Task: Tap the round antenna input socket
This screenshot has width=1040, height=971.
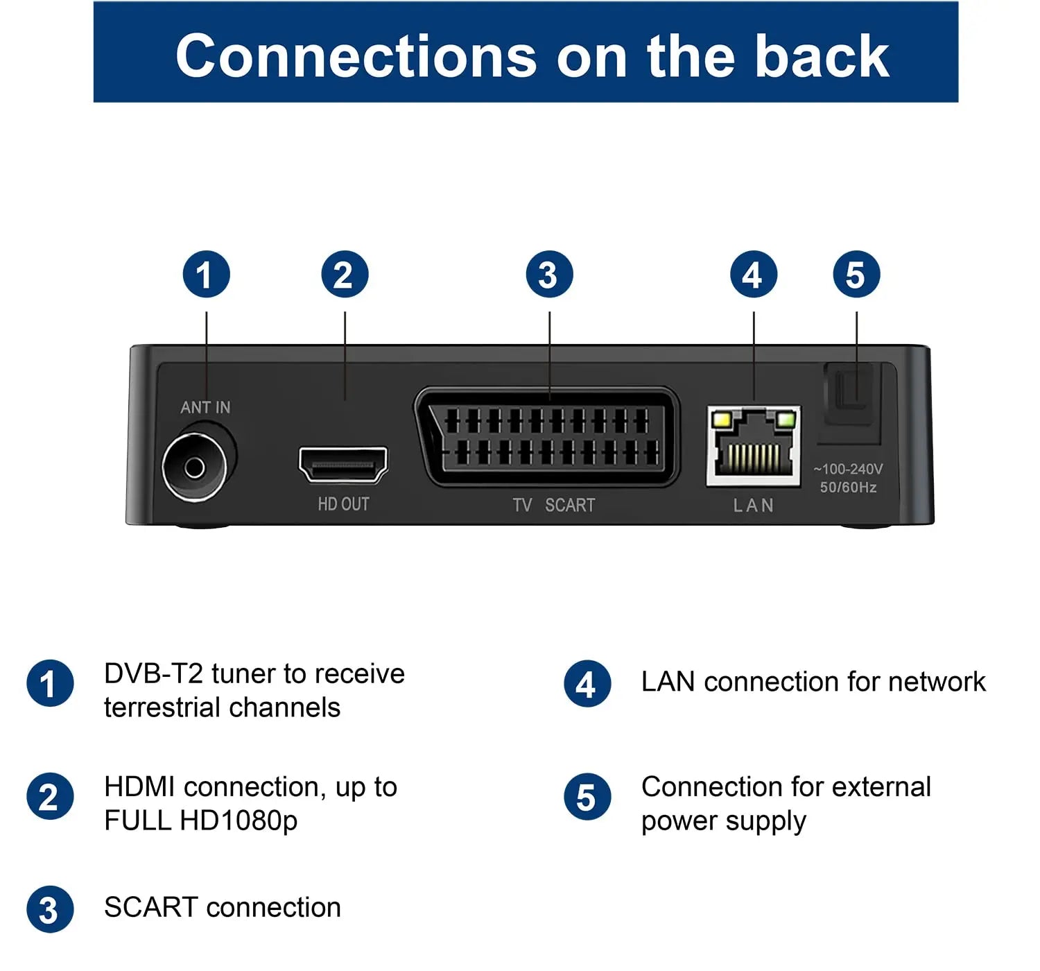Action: pyautogui.click(x=195, y=467)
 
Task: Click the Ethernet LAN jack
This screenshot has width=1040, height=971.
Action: pyautogui.click(x=753, y=446)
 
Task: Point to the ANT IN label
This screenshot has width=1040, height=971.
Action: pyautogui.click(x=205, y=408)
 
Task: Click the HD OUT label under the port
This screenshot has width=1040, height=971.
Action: pyautogui.click(x=343, y=504)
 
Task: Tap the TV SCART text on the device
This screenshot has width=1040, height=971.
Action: pyautogui.click(x=553, y=505)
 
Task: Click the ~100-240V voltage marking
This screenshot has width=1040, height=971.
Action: pyautogui.click(x=848, y=470)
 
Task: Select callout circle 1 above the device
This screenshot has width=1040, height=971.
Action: pyautogui.click(x=206, y=275)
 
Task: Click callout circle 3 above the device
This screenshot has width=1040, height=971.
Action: pyautogui.click(x=549, y=275)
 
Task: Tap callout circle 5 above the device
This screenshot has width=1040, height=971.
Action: pyautogui.click(x=856, y=275)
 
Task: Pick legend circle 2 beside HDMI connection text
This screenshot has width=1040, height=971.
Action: pyautogui.click(x=50, y=797)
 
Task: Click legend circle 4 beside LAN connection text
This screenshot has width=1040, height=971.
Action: pyautogui.click(x=587, y=684)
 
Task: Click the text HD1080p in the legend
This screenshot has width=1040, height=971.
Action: pyautogui.click(x=239, y=821)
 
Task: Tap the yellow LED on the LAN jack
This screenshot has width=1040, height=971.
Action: pyautogui.click(x=721, y=419)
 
